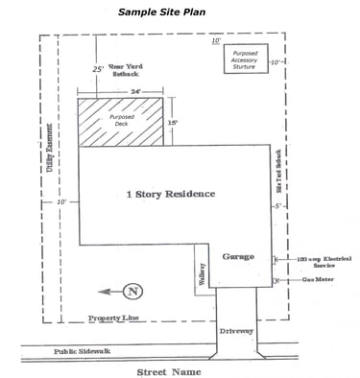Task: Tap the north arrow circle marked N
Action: pos(134,291)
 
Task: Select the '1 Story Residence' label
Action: pos(170,194)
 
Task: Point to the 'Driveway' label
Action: pos(236,331)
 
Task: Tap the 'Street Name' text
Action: pos(168,370)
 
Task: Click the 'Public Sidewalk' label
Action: pos(82,351)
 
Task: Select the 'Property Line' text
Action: pos(115,318)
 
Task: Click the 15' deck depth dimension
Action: pos(173,123)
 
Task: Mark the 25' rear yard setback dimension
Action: pos(98,69)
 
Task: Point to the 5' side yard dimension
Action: pos(276,206)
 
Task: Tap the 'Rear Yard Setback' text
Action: pos(131,71)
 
